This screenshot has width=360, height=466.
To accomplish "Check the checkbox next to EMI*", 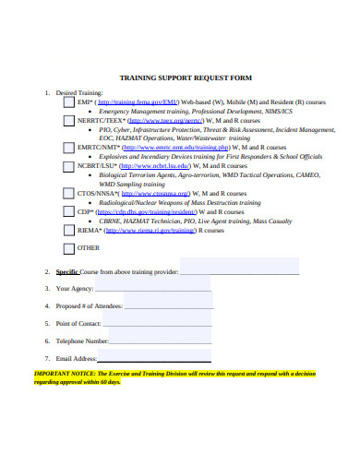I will (x=68, y=103).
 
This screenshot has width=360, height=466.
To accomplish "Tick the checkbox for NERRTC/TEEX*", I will (x=68, y=122).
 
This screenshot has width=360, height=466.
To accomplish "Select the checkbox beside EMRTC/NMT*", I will (x=68, y=148).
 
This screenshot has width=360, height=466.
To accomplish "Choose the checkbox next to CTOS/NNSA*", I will (x=68, y=194).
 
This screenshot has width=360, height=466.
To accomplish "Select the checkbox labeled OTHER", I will (x=68, y=247).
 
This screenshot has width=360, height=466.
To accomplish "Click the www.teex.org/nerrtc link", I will (x=165, y=121).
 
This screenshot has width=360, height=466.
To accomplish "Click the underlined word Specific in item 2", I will (x=67, y=271).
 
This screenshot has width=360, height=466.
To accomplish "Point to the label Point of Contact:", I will (x=78, y=323).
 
